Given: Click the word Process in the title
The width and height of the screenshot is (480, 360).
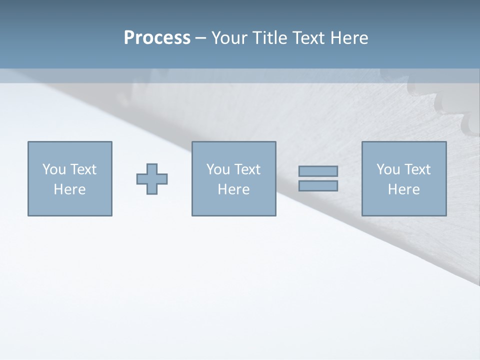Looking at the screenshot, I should point(157,38).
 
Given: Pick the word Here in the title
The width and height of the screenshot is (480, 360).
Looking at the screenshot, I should point(349,38).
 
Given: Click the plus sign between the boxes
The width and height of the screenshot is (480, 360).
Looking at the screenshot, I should point(152,179).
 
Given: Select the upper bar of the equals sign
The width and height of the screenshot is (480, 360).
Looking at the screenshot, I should point(318,171).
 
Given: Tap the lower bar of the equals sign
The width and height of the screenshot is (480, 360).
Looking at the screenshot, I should point(318,186).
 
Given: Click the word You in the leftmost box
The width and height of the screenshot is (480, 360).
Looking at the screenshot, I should point(53,169).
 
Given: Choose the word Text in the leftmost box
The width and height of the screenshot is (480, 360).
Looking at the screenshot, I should point(83,169).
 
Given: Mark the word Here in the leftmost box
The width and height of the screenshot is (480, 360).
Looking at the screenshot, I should point(69,189).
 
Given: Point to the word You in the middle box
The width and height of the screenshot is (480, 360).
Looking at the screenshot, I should point(217,169).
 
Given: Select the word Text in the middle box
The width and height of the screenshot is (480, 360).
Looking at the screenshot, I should point(247,169).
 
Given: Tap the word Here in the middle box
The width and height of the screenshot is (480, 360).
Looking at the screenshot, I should point(233,189).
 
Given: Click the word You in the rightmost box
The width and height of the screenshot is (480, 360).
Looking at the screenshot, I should point(387,169).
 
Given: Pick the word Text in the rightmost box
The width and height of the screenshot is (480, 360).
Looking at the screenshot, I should point(417,169).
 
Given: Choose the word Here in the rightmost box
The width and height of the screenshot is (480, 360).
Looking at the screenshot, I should point(403,189).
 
